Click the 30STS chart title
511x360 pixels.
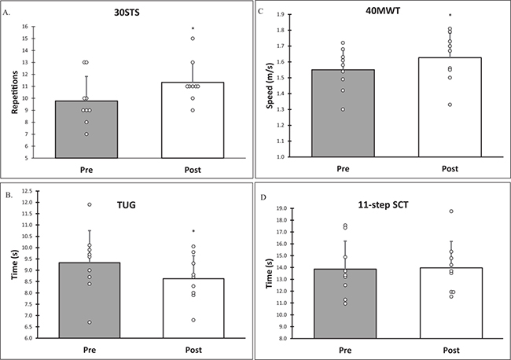127,13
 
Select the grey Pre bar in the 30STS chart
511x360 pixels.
86,130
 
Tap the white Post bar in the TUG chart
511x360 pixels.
193,308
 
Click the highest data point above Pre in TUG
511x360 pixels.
90,204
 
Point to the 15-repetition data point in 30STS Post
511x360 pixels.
193,39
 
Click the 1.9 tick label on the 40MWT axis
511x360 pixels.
281,14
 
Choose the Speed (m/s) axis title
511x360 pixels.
270,86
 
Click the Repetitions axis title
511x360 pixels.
15,92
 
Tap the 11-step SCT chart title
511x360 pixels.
383,205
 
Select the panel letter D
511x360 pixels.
263,197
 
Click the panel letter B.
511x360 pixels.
9,195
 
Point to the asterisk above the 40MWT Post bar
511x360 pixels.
450,15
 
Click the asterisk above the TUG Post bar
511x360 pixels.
193,231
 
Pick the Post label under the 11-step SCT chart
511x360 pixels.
451,351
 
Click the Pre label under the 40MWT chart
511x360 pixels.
343,169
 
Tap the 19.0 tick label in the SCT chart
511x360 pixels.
281,208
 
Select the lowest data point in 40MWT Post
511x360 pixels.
450,105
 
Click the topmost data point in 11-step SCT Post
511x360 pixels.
451,211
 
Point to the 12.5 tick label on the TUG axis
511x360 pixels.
27,191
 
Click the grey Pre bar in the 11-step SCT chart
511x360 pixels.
345,303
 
